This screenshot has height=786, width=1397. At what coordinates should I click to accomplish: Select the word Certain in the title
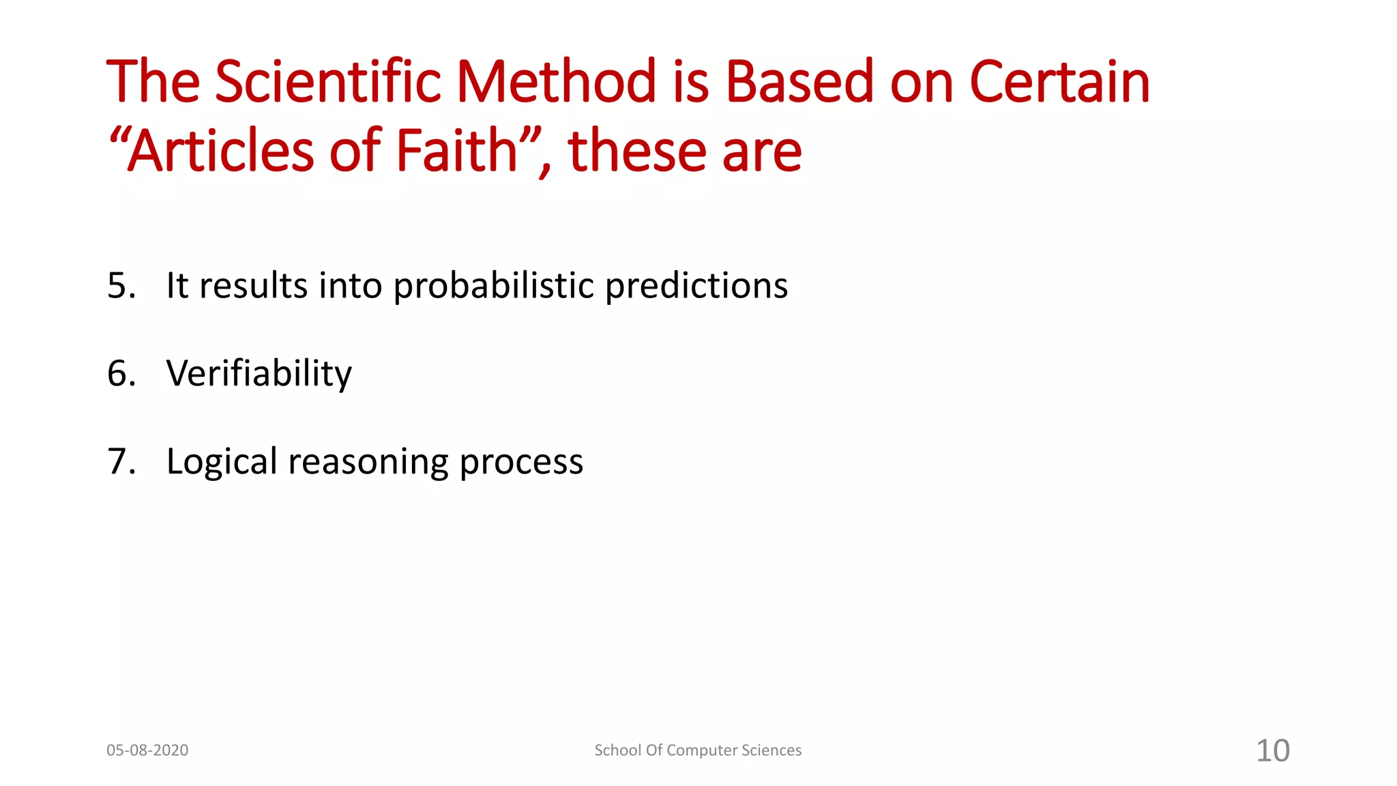(1059, 82)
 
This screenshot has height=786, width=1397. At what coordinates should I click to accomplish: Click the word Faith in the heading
(457, 151)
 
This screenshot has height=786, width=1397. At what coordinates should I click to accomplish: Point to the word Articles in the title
(221, 151)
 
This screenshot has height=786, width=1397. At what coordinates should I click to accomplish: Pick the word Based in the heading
(799, 82)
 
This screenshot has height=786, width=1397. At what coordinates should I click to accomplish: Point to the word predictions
(696, 287)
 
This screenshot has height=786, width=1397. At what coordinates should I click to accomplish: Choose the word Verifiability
(259, 374)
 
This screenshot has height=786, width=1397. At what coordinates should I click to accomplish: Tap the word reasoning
(368, 463)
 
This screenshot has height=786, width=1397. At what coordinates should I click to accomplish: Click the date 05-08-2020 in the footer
(147, 751)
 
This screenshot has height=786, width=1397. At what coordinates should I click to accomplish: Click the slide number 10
(1273, 751)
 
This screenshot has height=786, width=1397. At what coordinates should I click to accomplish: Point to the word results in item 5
(253, 285)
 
